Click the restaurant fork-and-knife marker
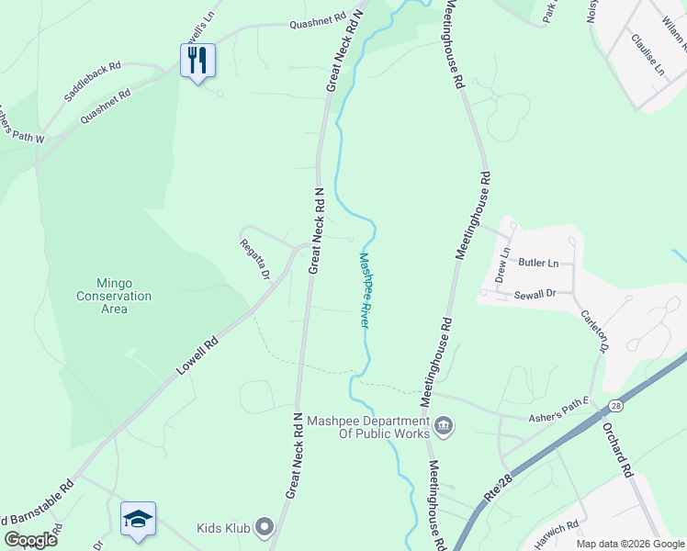(x=197, y=62)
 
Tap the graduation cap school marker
(x=138, y=519)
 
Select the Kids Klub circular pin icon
(x=265, y=527)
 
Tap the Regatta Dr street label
(x=254, y=260)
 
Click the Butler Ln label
(x=538, y=263)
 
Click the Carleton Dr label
(x=594, y=330)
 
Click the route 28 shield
(x=615, y=404)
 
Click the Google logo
(x=30, y=540)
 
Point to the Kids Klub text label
(x=223, y=528)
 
